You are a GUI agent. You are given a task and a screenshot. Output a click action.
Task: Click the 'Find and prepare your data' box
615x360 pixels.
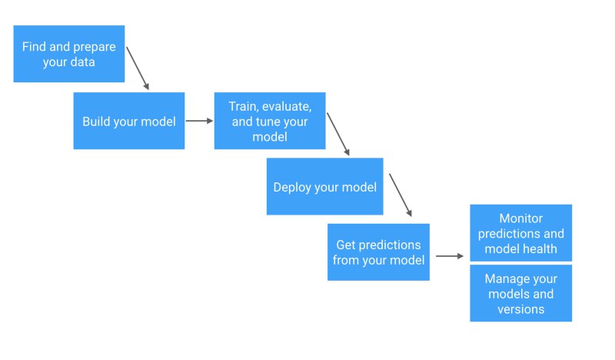[x=69, y=54]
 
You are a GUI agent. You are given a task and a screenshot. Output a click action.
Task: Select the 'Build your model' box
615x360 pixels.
[x=129, y=121]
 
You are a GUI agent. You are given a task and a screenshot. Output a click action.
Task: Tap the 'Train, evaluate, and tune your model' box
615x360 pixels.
[x=270, y=121]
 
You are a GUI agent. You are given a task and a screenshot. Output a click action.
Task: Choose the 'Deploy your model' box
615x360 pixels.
[x=324, y=186]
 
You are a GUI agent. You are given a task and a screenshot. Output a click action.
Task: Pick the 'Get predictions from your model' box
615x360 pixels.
[x=378, y=252]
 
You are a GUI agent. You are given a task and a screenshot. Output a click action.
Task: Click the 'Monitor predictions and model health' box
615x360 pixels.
[x=521, y=233]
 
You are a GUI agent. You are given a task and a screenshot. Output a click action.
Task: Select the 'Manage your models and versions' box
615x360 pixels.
[x=521, y=293]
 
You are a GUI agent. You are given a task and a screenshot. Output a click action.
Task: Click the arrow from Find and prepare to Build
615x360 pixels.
[x=138, y=68]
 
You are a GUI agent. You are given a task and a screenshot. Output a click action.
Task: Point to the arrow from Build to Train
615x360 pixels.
[x=199, y=121]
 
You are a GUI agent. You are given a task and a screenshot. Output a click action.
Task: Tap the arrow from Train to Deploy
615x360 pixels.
[x=338, y=135]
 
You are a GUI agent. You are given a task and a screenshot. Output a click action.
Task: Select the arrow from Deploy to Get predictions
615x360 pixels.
[x=401, y=195]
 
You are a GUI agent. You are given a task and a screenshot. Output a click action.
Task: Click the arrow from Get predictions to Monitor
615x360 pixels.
[x=450, y=256]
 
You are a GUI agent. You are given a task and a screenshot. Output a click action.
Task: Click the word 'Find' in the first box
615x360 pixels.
[x=34, y=47]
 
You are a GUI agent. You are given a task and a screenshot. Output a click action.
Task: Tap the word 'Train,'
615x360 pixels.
[x=244, y=106]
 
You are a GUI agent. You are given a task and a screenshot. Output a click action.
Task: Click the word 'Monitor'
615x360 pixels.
[x=521, y=218]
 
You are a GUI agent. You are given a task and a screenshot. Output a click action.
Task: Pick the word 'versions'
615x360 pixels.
[x=521, y=309]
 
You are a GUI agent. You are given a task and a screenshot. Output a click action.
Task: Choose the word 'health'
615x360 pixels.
[x=540, y=248]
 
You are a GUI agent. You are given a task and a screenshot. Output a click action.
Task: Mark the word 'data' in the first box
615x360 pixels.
[x=82, y=62]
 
